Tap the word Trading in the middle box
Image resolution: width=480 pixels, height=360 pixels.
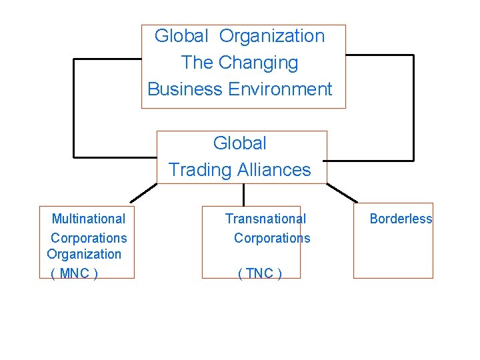197,170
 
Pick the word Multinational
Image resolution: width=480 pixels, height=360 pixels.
89,219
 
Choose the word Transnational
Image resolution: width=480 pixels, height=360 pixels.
265,219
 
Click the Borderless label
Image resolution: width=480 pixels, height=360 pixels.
401,219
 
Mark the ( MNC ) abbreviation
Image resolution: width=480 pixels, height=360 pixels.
75,274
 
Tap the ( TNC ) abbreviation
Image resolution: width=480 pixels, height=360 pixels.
260,274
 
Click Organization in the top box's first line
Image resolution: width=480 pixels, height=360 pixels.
272,36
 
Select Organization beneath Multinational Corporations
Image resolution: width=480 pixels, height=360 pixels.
84,254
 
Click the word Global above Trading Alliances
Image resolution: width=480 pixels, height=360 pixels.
240,143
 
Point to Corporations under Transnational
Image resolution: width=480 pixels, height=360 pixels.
272,238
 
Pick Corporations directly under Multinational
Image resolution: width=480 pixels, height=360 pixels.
89,238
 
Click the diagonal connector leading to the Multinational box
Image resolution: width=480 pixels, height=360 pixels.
143,193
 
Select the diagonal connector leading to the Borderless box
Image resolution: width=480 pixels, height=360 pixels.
342,193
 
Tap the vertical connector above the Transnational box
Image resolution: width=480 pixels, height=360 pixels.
243,195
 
